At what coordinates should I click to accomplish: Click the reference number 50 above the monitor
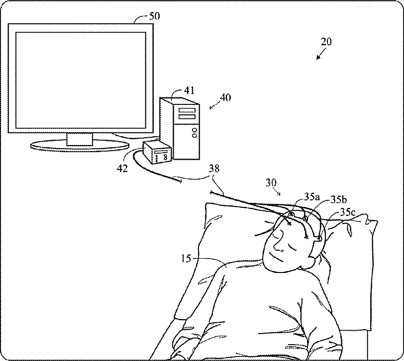click(155, 16)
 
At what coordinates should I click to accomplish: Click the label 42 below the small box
click(122, 168)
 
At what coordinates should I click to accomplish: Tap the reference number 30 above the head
click(271, 182)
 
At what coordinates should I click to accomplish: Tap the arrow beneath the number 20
click(319, 55)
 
